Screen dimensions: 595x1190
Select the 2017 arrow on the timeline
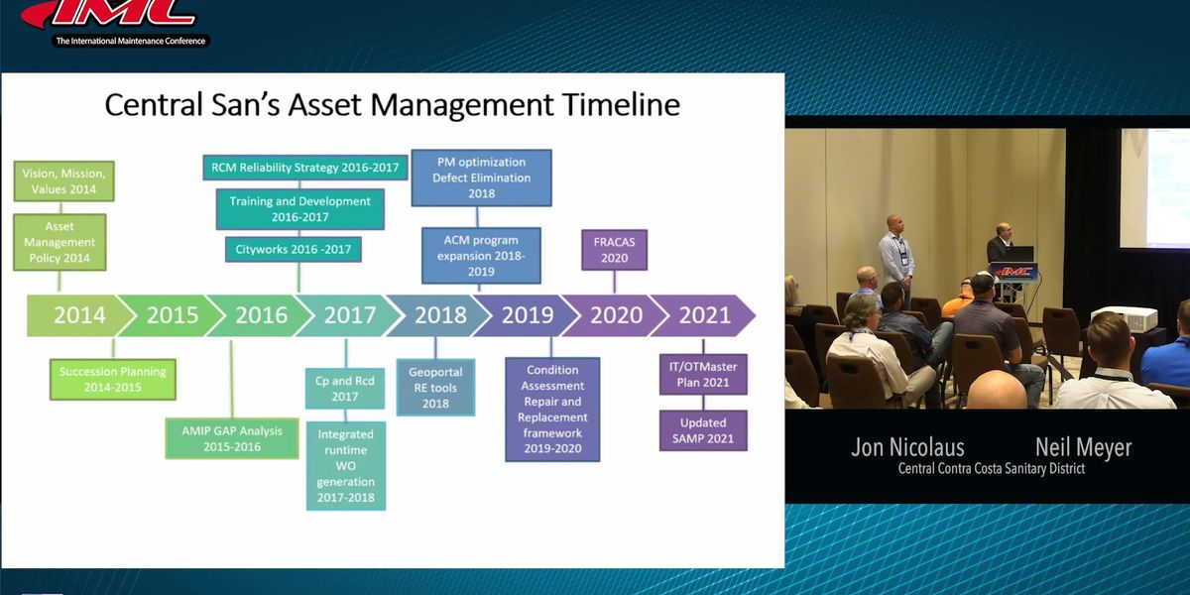pyautogui.click(x=349, y=315)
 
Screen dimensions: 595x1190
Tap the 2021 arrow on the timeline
pyautogui.click(x=704, y=315)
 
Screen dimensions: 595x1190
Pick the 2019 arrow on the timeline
pyautogui.click(x=527, y=315)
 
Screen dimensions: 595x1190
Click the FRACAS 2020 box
pyautogui.click(x=614, y=249)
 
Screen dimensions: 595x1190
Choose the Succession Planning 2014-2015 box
pyautogui.click(x=112, y=379)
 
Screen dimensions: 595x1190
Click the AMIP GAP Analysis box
pyautogui.click(x=232, y=438)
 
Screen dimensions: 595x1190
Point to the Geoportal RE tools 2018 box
pyautogui.click(x=435, y=387)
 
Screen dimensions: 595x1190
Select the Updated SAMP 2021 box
pyautogui.click(x=703, y=430)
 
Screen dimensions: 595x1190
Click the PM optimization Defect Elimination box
pyautogui.click(x=481, y=178)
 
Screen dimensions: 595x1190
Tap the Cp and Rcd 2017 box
pyautogui.click(x=344, y=387)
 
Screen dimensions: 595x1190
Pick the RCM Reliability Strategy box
pyautogui.click(x=304, y=168)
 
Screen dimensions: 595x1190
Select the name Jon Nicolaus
pyautogui.click(x=907, y=447)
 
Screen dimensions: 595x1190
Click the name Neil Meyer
pyautogui.click(x=1083, y=447)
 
